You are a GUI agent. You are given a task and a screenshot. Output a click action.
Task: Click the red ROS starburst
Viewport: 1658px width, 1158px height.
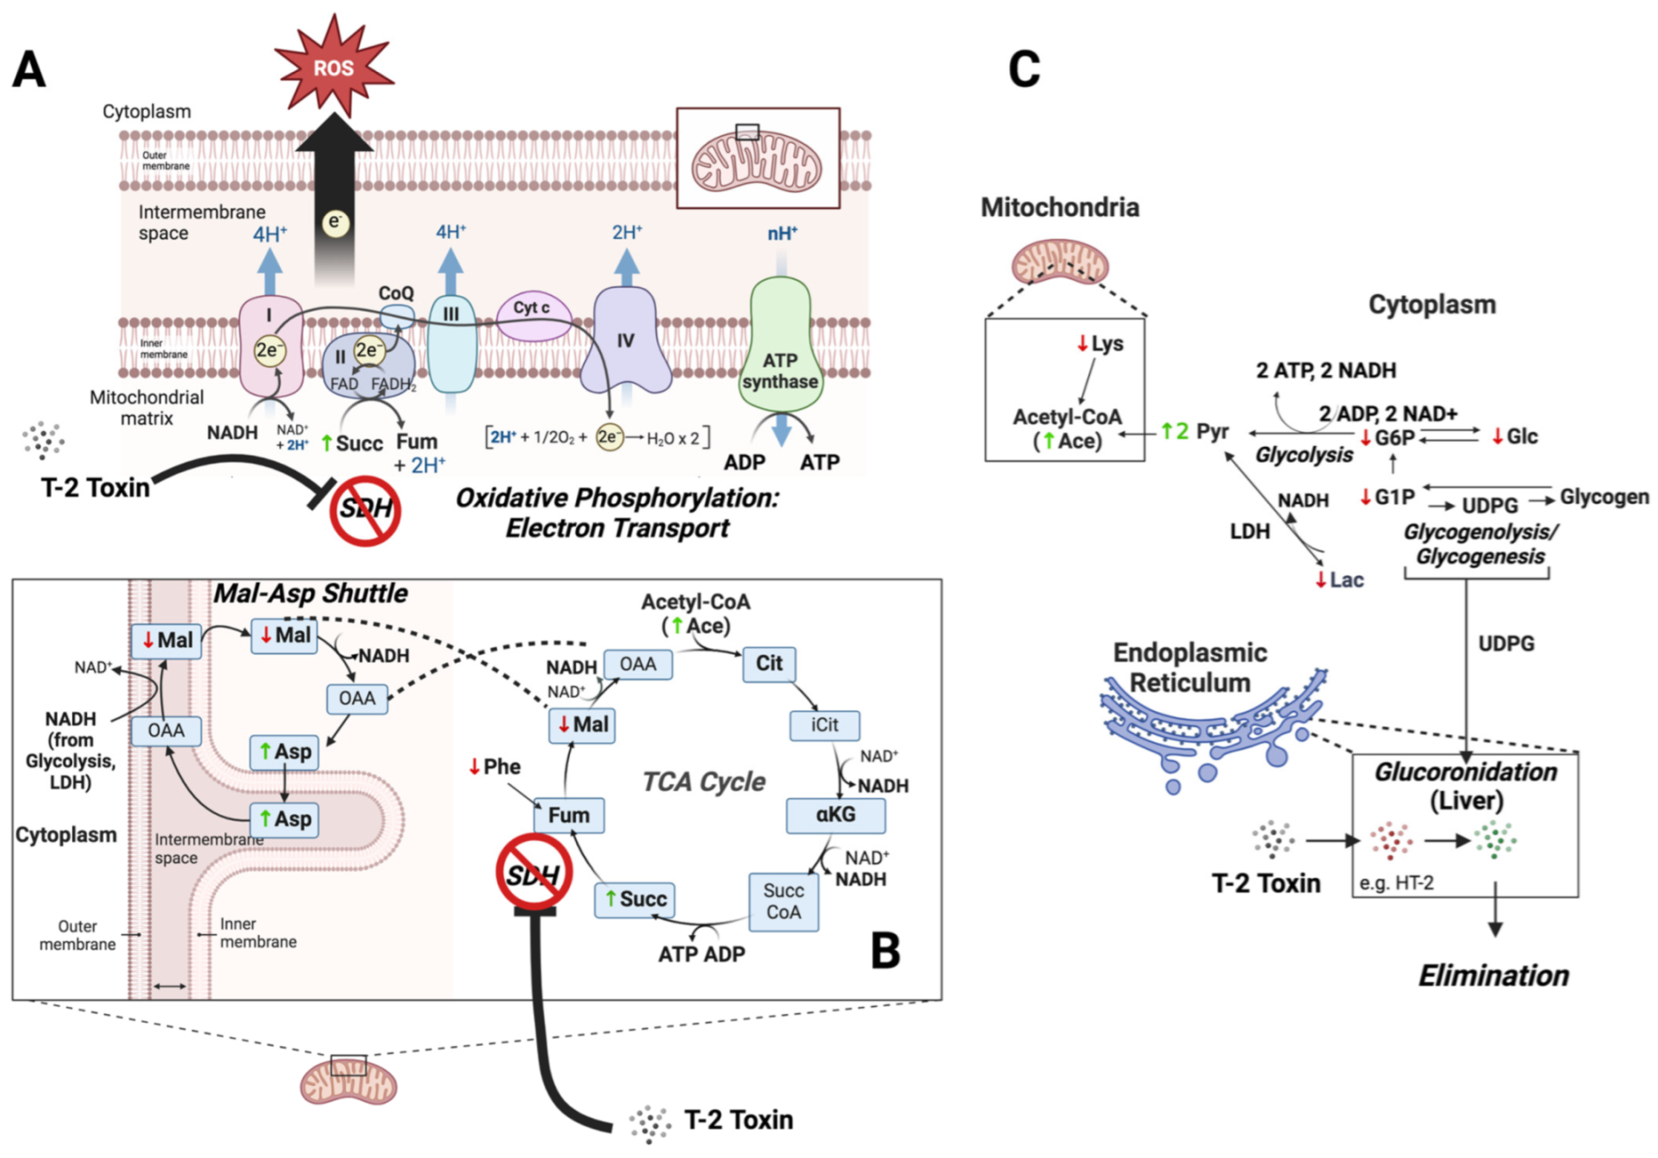(333, 67)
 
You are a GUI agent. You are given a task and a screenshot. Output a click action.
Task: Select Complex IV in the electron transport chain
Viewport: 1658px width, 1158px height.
(626, 342)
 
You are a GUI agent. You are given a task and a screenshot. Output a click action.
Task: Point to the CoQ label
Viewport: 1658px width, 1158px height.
(396, 293)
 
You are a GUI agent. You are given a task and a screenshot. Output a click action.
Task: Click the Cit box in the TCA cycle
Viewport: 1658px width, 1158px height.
(769, 663)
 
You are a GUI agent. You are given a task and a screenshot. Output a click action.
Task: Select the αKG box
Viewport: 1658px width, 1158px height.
(835, 814)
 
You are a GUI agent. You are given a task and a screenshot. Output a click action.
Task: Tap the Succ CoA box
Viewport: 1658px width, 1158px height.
(784, 901)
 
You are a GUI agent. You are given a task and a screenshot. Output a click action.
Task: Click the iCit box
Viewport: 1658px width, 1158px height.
(825, 725)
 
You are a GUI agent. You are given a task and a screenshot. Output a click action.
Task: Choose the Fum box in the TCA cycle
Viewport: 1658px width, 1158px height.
(569, 815)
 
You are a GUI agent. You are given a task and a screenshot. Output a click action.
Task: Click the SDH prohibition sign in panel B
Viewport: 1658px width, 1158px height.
(533, 872)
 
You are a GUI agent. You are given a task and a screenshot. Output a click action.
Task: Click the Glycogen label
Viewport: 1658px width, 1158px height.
(1604, 496)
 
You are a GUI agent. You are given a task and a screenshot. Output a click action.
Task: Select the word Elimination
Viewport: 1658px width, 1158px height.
(1493, 975)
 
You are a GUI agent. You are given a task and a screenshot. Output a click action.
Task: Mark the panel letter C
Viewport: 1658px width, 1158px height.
(1023, 69)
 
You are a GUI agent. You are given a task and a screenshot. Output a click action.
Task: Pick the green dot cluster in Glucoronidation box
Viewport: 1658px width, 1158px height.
(1496, 838)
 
